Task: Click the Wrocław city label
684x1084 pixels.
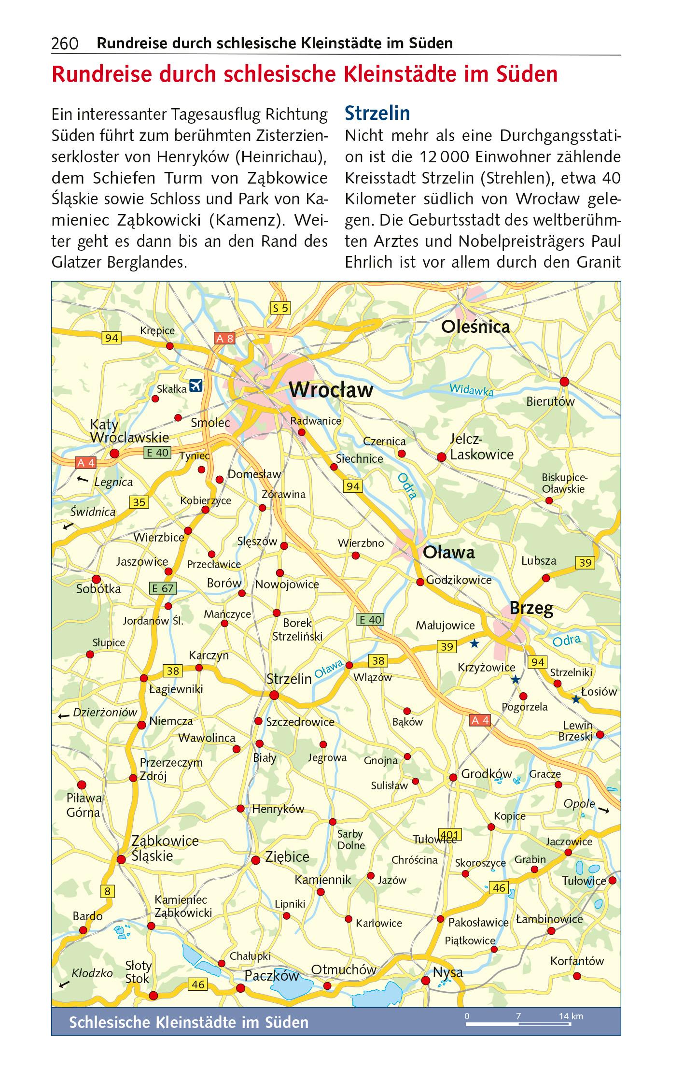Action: point(331,390)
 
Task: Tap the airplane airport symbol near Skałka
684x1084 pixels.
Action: point(195,386)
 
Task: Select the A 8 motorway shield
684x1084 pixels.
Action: point(224,339)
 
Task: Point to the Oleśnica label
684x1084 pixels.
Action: point(475,327)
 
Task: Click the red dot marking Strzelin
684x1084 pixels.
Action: point(274,695)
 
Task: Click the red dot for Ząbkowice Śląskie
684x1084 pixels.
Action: point(121,859)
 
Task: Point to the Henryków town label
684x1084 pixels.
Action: point(278,809)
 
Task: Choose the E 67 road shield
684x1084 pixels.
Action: point(162,588)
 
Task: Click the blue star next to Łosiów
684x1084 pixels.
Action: point(576,699)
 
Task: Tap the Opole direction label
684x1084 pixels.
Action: point(579,804)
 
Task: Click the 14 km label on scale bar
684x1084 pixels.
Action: point(571,1016)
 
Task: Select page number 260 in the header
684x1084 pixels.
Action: point(65,44)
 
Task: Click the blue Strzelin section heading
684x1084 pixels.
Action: point(377,114)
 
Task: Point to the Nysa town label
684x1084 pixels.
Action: point(447,972)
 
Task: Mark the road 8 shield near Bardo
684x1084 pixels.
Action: point(107,891)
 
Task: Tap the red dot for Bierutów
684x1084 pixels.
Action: point(564,382)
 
